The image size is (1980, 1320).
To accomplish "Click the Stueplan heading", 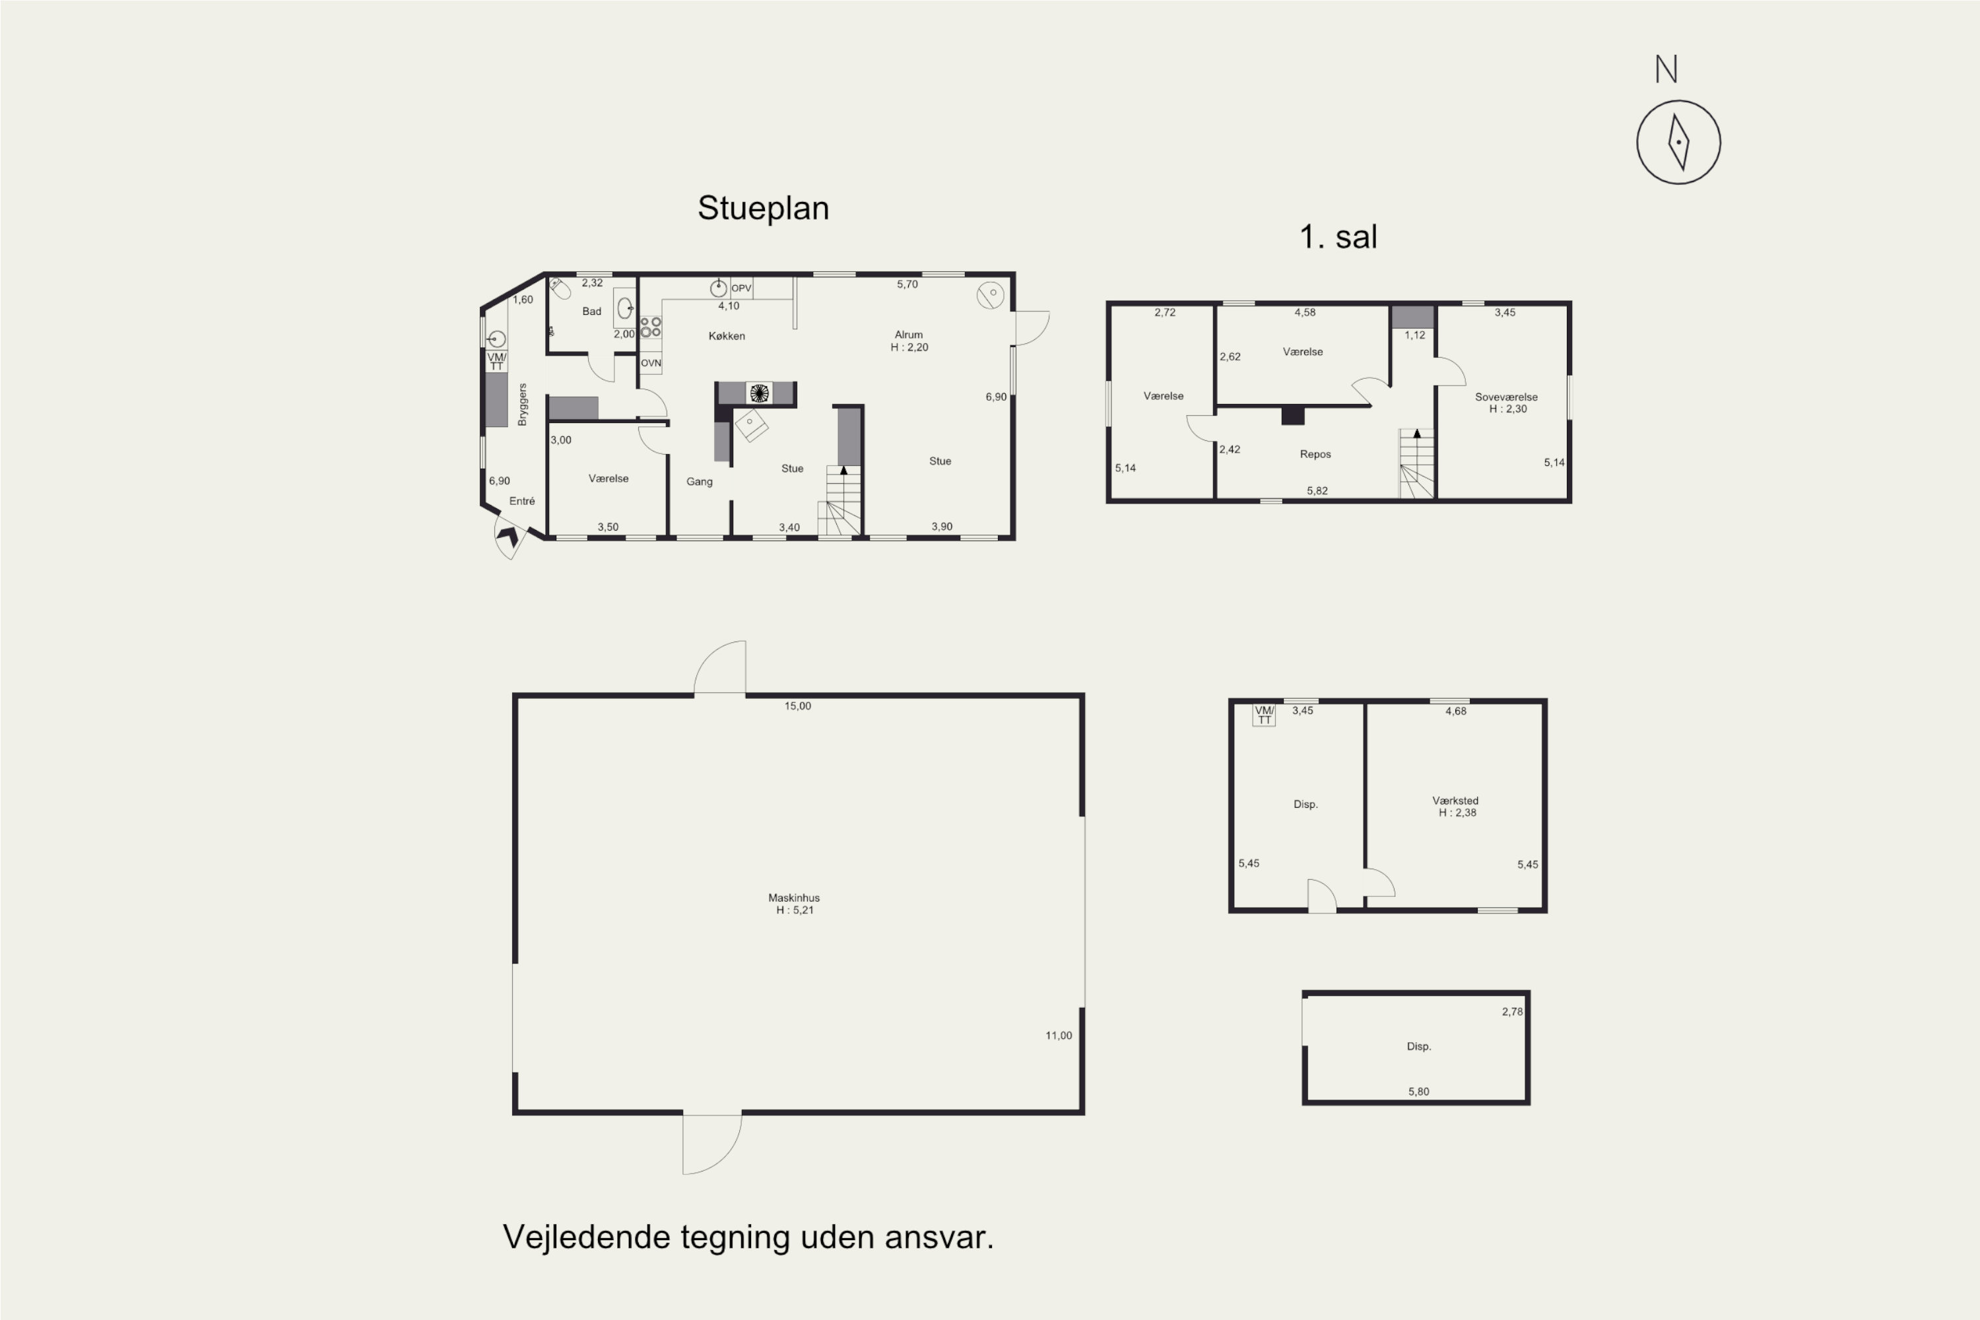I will point(763,208).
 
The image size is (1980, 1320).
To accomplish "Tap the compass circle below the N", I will point(1678,143).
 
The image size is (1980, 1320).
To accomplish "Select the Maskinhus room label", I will point(794,898).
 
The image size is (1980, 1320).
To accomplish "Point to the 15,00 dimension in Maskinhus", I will point(797,706).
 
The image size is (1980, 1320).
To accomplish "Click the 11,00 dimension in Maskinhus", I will point(1058,1036).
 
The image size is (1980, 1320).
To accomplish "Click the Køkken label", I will point(727,336).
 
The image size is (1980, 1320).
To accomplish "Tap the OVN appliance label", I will point(651,364).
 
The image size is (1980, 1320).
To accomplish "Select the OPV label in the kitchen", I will point(741,288).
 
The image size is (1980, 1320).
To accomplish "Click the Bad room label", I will point(592,312).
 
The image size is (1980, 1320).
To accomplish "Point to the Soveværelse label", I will point(1506,397).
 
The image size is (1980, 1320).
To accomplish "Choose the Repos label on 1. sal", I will point(1315,454).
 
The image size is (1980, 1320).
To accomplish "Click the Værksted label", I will point(1455,801).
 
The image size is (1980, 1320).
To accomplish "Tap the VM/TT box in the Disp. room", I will point(1264,715).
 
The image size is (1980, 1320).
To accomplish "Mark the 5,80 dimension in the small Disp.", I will point(1418,1092).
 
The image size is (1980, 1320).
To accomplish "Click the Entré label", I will point(522,501).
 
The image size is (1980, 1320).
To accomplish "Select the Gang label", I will point(699,482).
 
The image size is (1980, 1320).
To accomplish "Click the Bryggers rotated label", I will point(522,404).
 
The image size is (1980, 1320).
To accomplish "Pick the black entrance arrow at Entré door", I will point(508,536).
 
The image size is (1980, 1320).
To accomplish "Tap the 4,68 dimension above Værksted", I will point(1455,711).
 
